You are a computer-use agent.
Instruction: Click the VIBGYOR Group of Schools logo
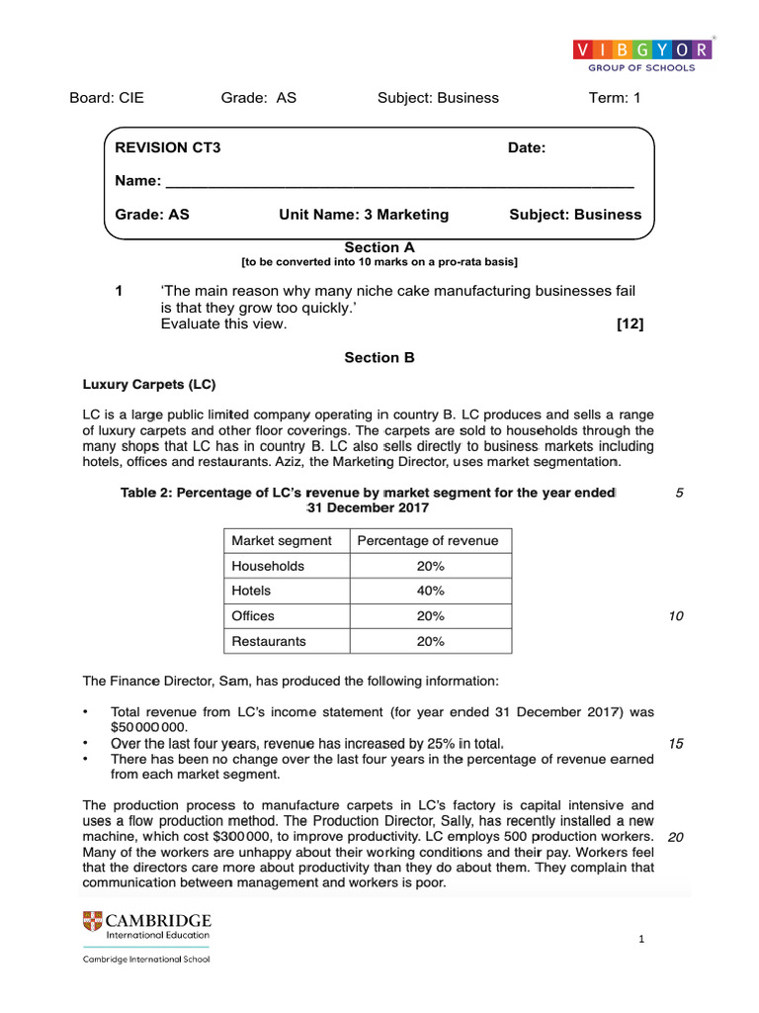click(x=641, y=55)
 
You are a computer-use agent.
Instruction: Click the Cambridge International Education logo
click(x=146, y=926)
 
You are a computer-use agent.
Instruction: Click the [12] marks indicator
click(x=630, y=324)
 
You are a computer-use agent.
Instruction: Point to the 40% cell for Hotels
click(x=430, y=591)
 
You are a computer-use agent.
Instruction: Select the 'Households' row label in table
click(x=268, y=566)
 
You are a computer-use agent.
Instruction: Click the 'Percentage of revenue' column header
click(x=428, y=540)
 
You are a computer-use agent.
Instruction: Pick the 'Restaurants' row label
click(x=269, y=641)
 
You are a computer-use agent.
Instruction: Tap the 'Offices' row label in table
click(x=253, y=615)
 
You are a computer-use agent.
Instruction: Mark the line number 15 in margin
click(x=676, y=744)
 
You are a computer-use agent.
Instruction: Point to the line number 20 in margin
click(x=676, y=837)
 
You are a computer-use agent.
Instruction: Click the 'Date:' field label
click(x=527, y=147)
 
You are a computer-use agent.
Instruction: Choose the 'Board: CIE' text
click(x=107, y=97)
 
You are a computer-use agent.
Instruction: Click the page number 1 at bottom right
click(x=641, y=939)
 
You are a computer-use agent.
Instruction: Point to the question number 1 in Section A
click(x=119, y=290)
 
